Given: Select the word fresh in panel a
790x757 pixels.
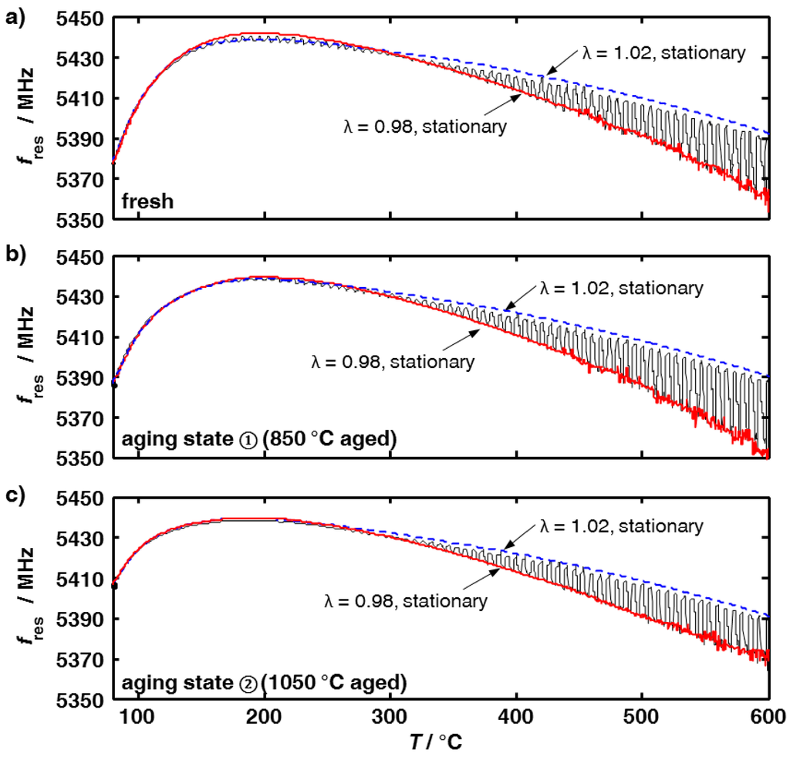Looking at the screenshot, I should click(x=147, y=203).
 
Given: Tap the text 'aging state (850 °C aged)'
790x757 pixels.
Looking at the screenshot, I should click(x=258, y=441).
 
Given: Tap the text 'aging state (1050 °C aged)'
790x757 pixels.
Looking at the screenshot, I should click(x=262, y=682).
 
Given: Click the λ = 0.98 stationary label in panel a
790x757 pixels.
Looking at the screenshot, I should click(x=425, y=127).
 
